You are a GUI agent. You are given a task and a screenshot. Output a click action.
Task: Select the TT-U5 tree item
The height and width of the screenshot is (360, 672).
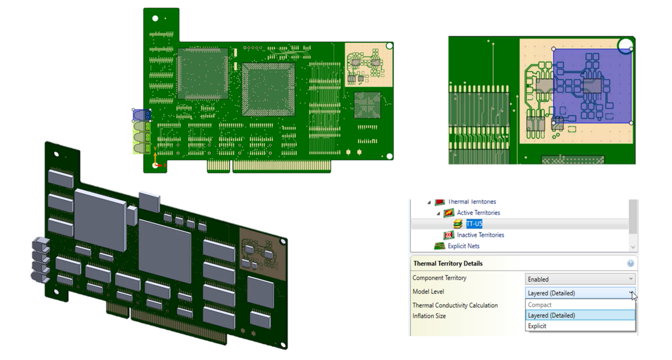pos(474,224)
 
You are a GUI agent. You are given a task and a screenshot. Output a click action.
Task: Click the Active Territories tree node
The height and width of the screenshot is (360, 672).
pos(478,213)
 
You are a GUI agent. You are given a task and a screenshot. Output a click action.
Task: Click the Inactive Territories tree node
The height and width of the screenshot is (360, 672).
pos(480,235)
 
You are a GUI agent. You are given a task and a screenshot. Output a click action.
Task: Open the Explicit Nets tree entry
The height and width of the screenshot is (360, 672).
pos(463,246)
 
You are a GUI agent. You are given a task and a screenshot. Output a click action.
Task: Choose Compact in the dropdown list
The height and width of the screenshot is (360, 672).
pos(540,305)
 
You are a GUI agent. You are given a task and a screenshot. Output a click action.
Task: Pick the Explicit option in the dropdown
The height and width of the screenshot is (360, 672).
pos(537,326)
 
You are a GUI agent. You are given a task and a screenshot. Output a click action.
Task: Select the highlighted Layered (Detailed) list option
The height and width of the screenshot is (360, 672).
pos(552,316)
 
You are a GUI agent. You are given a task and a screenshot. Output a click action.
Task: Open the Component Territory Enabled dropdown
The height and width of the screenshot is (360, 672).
pos(580,279)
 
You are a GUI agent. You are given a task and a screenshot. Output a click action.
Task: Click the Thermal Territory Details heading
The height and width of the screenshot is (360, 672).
pos(448,264)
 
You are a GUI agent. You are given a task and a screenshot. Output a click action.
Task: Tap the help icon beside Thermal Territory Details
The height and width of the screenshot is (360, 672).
pos(630,263)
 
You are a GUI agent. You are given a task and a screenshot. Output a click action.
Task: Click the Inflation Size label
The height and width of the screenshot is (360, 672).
pos(429,316)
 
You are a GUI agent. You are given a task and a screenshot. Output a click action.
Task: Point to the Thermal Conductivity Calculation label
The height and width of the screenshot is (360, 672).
pos(455,305)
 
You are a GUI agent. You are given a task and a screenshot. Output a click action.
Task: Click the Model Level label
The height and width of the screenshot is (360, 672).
pos(428,292)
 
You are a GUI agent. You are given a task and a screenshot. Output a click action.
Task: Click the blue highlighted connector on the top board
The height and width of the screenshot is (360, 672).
pos(141,115)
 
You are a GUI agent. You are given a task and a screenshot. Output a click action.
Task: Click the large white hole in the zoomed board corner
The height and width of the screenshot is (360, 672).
pos(625,46)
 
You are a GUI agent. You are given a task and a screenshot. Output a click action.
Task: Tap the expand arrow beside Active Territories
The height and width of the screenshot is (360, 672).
pos(438,213)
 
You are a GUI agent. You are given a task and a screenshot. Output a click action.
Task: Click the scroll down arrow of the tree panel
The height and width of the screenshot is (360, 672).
pos(633,247)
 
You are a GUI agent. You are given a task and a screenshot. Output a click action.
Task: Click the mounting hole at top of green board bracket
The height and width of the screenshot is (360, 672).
pos(155,18)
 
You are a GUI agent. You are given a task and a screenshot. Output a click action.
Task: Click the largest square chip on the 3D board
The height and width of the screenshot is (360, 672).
pos(165,251)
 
